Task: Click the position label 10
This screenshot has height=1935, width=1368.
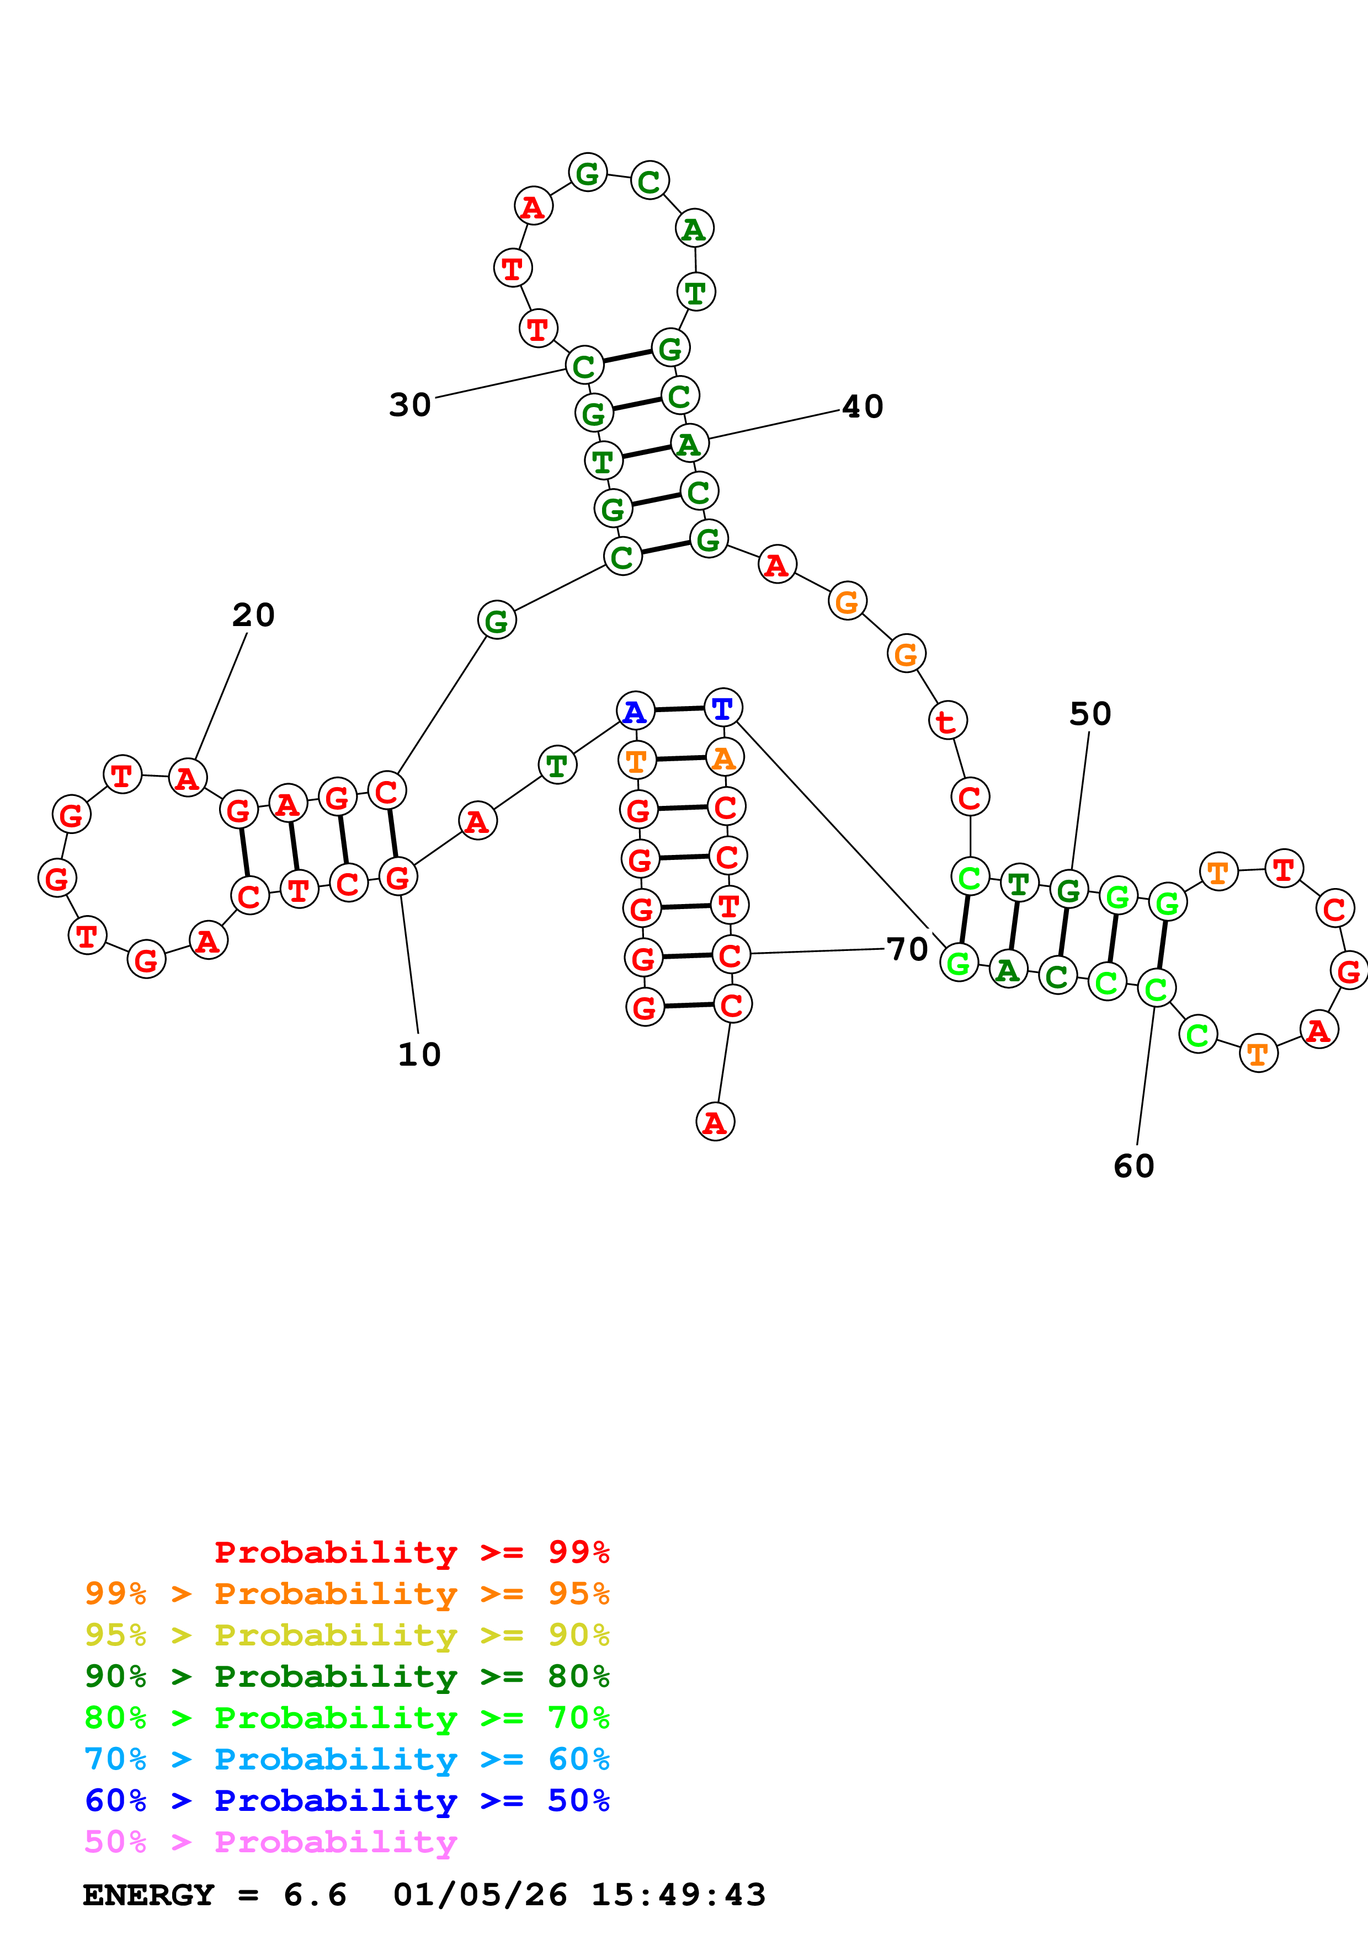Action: (419, 1054)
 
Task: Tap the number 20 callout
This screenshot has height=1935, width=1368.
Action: (253, 615)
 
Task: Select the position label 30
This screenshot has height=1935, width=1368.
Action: (409, 405)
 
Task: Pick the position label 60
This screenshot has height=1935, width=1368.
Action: (1133, 1167)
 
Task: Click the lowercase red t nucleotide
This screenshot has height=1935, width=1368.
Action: (948, 720)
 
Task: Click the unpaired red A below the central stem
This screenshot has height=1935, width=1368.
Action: (715, 1122)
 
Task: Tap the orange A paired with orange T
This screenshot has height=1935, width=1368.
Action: (724, 758)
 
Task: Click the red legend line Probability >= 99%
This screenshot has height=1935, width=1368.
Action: (411, 1552)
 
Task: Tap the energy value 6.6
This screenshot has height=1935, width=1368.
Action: (315, 1895)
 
